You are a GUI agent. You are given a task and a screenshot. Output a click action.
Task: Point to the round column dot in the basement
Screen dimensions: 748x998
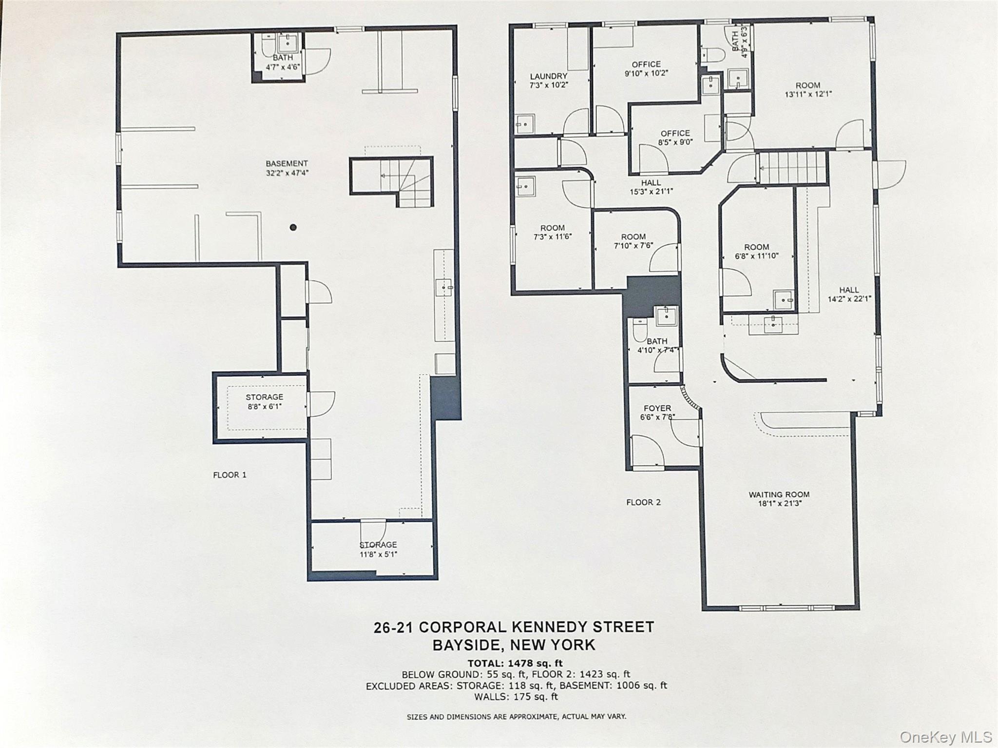[293, 227]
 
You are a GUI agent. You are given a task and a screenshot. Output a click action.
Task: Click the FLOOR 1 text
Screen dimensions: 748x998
[230, 475]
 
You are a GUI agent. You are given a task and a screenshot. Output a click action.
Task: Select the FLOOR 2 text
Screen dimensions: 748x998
[643, 502]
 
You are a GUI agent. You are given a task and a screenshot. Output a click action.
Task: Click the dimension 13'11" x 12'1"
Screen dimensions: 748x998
[808, 94]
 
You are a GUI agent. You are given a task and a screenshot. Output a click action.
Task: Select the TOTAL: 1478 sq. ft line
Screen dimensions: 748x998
[515, 663]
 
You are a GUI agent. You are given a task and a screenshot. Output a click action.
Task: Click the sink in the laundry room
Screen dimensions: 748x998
[525, 124]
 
